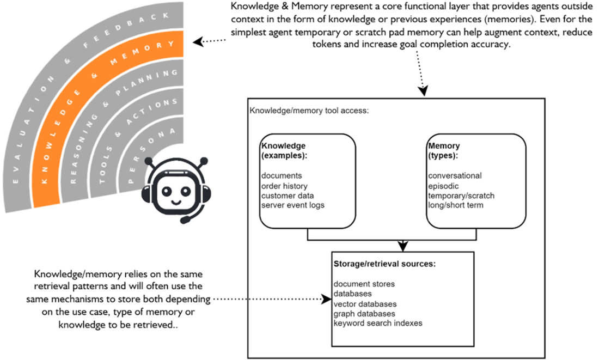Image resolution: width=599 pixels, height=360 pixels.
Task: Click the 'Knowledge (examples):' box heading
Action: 283,150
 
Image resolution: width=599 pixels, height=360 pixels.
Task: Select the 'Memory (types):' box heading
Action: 444,150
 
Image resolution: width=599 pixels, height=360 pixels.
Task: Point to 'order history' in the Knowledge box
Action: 284,186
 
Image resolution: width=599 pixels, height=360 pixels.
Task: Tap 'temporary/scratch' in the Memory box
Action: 461,195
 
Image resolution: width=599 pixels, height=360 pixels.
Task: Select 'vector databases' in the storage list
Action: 365,304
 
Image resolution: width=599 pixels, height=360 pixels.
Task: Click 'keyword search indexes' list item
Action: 377,323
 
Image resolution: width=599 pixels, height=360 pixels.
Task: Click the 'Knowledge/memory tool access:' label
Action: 309,111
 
